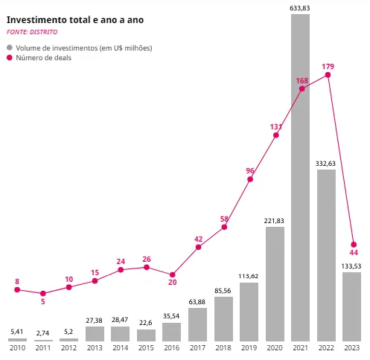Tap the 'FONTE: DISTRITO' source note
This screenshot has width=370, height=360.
[x=32, y=33]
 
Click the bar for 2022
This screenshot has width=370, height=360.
[x=327, y=254]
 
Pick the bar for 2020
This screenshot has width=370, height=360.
[x=275, y=283]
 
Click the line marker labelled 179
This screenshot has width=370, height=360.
[x=328, y=74]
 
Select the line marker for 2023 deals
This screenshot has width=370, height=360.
[x=354, y=245]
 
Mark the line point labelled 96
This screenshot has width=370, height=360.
[x=250, y=179]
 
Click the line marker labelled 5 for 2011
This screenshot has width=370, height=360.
[x=43, y=293]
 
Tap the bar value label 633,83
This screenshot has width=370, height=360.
[x=301, y=7]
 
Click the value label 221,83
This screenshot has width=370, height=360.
[x=275, y=221]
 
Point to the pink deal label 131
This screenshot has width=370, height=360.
[x=275, y=127]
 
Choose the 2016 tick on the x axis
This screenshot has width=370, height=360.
[x=172, y=347]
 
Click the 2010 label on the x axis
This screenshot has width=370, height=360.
[x=17, y=347]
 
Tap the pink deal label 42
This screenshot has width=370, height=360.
[x=198, y=239]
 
